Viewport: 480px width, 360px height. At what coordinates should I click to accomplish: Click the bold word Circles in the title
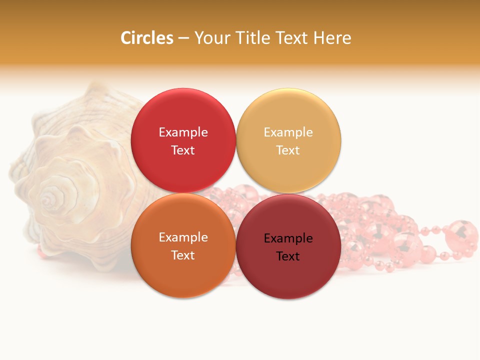pos(147,38)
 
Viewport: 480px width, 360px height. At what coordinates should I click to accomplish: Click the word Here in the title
pos(332,38)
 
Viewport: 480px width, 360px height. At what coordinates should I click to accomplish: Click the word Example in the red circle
pos(183,132)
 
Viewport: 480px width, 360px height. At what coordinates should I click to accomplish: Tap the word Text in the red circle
pos(183,150)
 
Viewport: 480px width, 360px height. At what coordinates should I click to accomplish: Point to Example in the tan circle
pos(288,132)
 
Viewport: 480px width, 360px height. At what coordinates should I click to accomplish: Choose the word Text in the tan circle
pos(288,150)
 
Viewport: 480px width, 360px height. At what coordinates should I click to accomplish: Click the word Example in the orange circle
pos(183,237)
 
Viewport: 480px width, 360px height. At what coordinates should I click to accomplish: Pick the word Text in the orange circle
pos(183,255)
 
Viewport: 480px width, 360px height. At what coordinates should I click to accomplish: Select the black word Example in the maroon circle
pos(288,238)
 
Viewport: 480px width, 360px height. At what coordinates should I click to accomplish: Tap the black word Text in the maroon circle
pos(288,256)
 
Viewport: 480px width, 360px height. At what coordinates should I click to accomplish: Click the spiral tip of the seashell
pos(48,200)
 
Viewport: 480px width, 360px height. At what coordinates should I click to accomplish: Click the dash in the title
pos(183,38)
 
